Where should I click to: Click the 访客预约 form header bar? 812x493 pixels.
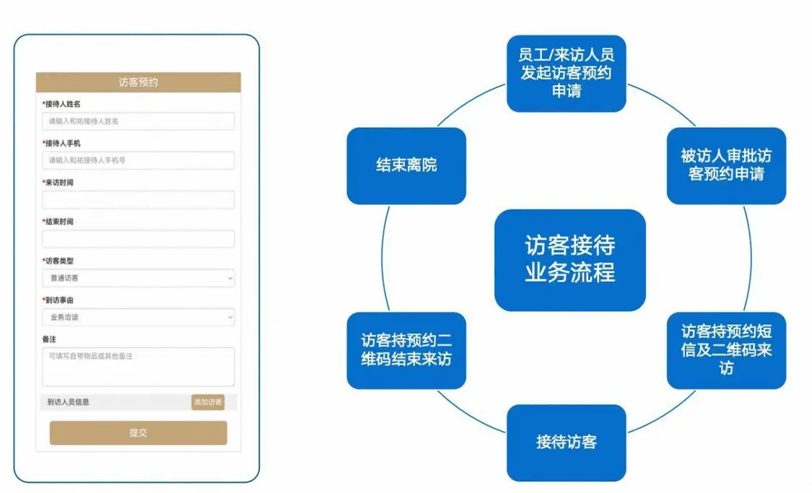click(138, 82)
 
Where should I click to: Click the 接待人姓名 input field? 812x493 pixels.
click(138, 121)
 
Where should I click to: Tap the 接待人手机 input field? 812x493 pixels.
click(138, 160)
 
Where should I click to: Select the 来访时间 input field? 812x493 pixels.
click(138, 200)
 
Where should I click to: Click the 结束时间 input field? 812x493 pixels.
click(138, 239)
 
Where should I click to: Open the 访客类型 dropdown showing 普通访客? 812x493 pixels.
click(138, 278)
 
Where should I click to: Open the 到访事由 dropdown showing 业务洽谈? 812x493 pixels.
click(138, 317)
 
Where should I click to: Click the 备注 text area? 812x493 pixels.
click(138, 367)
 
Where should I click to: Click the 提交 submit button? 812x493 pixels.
click(138, 433)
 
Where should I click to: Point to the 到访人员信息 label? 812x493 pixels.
click(69, 402)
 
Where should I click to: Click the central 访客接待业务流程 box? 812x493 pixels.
click(569, 261)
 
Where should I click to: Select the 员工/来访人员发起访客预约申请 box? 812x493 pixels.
click(566, 74)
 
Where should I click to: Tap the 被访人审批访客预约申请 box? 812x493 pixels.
click(725, 165)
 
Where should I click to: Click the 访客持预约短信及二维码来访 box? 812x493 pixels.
click(725, 350)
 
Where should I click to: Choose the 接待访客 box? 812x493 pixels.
click(566, 442)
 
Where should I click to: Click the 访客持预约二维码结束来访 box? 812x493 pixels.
click(406, 350)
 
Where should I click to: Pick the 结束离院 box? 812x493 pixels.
click(406, 165)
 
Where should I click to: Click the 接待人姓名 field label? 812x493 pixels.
click(62, 105)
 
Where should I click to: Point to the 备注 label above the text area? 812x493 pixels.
click(50, 339)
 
